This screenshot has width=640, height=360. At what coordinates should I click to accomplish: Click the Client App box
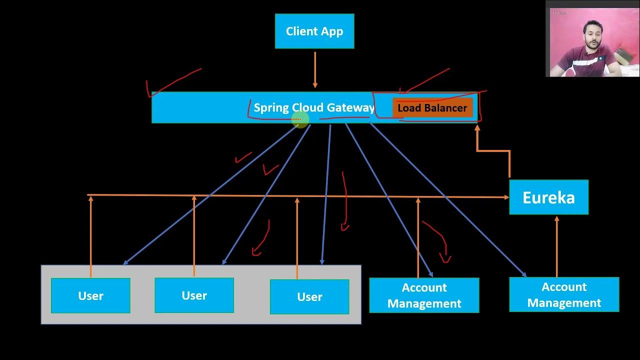tap(314, 31)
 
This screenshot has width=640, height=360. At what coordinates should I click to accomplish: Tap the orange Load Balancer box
tap(432, 108)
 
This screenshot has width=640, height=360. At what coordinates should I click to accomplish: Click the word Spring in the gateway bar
tap(271, 107)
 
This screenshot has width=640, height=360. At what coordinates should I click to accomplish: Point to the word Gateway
tap(350, 107)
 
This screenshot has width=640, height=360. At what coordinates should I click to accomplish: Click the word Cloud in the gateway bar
tap(308, 107)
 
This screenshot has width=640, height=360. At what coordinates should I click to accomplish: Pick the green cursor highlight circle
tap(300, 119)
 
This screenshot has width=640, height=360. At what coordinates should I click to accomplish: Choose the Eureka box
tap(548, 197)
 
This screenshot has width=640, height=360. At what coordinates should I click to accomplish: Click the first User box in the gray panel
tap(90, 295)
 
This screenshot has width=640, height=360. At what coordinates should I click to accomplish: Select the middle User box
tap(194, 295)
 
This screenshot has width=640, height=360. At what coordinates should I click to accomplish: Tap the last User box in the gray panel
tap(309, 296)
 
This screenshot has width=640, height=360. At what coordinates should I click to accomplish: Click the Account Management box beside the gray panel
tap(424, 295)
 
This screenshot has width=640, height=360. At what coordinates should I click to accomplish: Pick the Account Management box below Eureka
tap(564, 295)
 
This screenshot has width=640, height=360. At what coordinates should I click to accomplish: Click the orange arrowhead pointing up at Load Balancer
tap(477, 128)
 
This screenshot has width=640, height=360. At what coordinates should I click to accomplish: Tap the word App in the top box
tap(332, 31)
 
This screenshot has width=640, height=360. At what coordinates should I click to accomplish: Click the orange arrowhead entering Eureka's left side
tap(506, 197)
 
